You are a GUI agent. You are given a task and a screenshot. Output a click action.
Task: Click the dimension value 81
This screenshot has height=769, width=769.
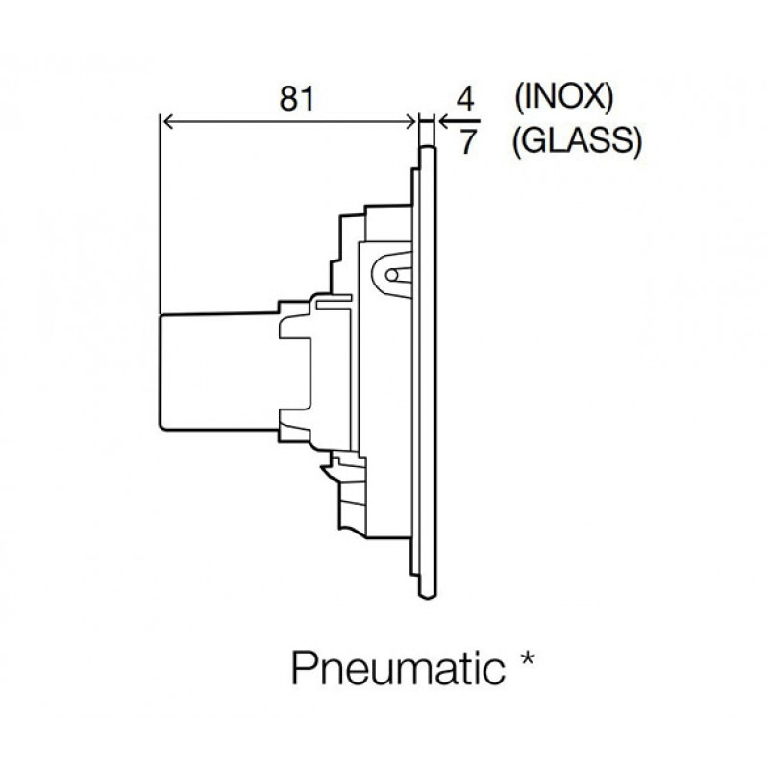click(x=296, y=98)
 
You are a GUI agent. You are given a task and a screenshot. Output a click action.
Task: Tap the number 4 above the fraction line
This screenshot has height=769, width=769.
click(x=465, y=100)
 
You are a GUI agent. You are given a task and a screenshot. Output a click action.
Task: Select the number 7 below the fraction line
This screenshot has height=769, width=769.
click(x=468, y=142)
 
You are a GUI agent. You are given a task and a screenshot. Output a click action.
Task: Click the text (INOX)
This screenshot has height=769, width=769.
click(x=563, y=97)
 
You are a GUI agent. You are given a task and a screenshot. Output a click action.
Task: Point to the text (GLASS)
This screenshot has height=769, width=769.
click(x=577, y=141)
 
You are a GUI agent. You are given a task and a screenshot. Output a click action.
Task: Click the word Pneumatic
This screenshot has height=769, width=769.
click(x=398, y=668)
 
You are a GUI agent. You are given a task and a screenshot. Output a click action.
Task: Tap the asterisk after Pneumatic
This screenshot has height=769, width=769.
click(x=527, y=657)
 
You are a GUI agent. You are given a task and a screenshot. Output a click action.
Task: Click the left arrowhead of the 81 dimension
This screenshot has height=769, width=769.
click(x=166, y=122)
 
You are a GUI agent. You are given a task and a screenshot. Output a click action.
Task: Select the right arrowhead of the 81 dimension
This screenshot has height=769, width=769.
click(x=411, y=122)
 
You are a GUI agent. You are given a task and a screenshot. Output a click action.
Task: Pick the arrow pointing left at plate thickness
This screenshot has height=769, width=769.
click(x=459, y=121)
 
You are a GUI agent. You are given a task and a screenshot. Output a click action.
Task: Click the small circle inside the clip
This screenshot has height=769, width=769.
click(x=392, y=276)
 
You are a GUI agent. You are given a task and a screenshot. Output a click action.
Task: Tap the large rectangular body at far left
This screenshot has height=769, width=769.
click(x=219, y=372)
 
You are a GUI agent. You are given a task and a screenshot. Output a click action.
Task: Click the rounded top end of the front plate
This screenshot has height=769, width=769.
click(x=427, y=146)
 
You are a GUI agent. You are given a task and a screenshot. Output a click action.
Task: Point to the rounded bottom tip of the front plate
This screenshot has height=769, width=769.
click(x=427, y=596)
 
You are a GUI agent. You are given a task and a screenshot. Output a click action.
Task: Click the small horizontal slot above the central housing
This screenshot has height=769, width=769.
click(x=335, y=298)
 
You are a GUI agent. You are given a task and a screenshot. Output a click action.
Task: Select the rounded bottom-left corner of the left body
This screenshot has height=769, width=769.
click(x=161, y=428)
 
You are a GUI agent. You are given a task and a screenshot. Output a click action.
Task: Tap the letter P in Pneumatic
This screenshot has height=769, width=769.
click(x=304, y=668)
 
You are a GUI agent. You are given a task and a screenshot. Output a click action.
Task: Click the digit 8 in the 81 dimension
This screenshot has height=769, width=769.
click(x=288, y=98)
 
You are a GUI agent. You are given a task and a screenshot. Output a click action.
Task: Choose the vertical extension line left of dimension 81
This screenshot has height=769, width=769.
click(x=160, y=213)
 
